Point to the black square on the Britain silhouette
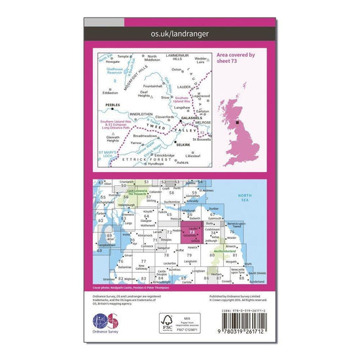click(237, 122)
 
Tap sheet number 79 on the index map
click(190, 255)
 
